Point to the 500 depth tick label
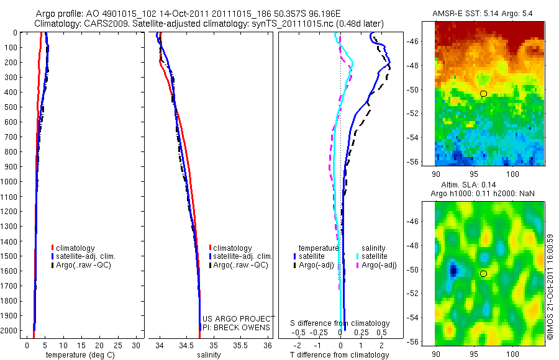tap(11, 107)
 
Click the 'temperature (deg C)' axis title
tap(78, 355)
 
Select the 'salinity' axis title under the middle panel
tap(209, 355)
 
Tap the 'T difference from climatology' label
tap(340, 355)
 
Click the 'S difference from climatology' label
tap(340, 323)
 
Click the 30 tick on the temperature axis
tap(137, 344)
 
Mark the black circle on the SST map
tap(483, 93)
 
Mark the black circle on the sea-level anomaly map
tap(484, 274)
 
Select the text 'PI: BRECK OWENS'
tap(237, 327)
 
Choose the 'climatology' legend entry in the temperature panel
tap(75, 248)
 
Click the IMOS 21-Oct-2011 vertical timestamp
tap(550, 286)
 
